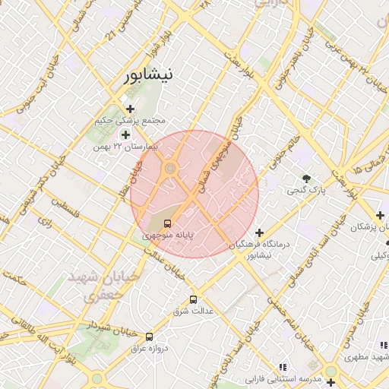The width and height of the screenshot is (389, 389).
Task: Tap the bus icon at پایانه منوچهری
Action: click(167, 223)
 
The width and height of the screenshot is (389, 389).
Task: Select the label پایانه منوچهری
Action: click(170, 236)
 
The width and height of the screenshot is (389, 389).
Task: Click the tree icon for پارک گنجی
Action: click(306, 179)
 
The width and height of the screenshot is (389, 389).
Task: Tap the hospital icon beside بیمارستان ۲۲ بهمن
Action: click(125, 134)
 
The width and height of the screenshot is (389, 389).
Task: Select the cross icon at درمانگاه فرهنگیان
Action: click(260, 232)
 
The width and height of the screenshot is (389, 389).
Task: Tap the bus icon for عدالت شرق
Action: click(193, 299)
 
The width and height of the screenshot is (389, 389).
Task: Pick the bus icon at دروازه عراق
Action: click(149, 336)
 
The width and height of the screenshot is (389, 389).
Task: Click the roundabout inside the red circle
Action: click(171, 168)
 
